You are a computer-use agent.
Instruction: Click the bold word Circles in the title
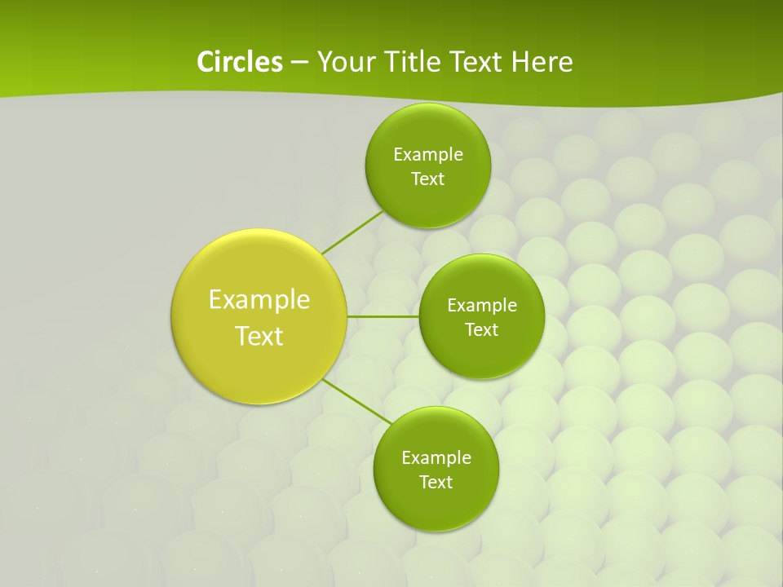[239, 62]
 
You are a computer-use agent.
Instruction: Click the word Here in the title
[543, 62]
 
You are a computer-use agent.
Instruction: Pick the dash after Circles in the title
[299, 63]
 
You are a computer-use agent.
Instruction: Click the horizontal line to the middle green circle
[383, 316]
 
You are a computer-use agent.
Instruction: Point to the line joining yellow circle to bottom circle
[357, 402]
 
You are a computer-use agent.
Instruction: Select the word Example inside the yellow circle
[259, 300]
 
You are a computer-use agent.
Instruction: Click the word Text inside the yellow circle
[259, 336]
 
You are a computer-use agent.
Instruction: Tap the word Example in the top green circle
[428, 154]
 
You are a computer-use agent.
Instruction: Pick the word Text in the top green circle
[428, 179]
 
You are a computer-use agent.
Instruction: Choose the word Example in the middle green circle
[482, 305]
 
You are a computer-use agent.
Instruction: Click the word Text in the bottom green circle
[436, 482]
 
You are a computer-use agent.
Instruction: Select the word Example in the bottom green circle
[436, 457]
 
